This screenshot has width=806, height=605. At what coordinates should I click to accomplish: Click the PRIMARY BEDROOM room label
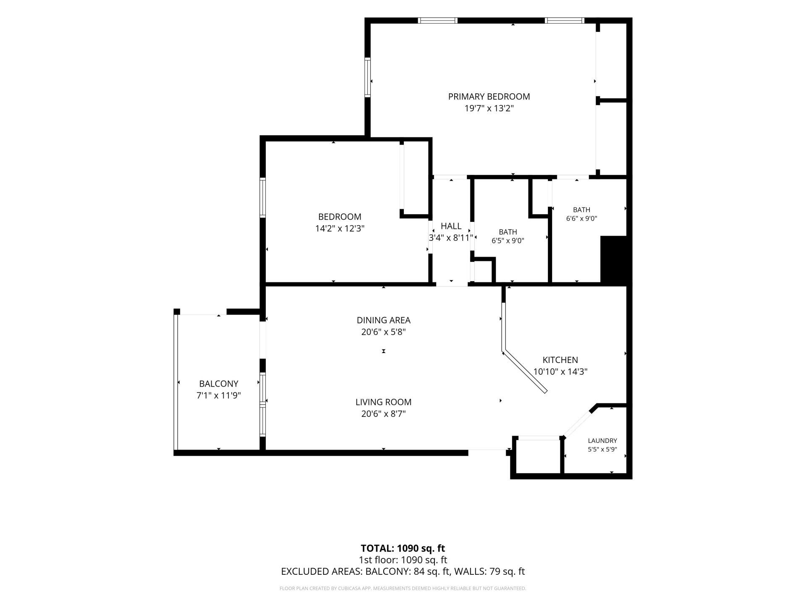click(489, 97)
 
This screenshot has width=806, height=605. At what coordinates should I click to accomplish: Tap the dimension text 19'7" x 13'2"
click(489, 108)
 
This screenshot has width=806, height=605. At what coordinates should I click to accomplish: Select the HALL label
click(451, 226)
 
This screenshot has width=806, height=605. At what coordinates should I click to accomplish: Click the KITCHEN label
click(560, 360)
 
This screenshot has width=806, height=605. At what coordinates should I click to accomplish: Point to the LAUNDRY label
click(602, 441)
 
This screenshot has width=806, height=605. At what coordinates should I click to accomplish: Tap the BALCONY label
click(219, 384)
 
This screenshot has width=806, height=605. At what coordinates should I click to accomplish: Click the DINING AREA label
click(384, 320)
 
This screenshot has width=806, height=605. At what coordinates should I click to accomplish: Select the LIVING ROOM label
click(384, 402)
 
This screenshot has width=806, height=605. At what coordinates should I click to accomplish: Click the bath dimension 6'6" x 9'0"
click(582, 218)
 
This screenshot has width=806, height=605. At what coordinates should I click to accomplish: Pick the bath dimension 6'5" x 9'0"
click(508, 241)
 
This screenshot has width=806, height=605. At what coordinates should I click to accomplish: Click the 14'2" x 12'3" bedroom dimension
click(340, 229)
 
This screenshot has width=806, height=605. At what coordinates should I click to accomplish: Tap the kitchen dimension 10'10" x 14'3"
click(560, 372)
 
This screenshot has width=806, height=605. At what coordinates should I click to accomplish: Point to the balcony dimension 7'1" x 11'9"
click(219, 395)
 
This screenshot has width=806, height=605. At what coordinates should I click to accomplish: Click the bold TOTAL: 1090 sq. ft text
click(403, 548)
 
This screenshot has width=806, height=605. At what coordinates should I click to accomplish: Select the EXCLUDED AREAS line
click(403, 571)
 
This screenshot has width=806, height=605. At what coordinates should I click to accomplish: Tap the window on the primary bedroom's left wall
click(368, 77)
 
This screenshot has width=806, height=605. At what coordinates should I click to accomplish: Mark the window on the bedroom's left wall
click(263, 197)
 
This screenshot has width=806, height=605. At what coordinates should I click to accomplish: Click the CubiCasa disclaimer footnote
click(403, 589)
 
